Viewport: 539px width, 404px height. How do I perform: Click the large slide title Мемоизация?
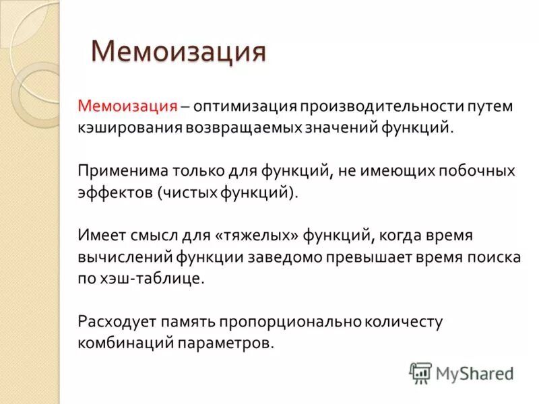(x=179, y=52)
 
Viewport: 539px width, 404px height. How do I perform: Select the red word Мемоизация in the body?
(x=127, y=106)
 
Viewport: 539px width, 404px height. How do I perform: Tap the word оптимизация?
(x=245, y=106)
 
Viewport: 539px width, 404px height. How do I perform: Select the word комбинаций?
(x=125, y=343)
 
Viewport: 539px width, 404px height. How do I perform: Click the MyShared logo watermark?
(x=462, y=372)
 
